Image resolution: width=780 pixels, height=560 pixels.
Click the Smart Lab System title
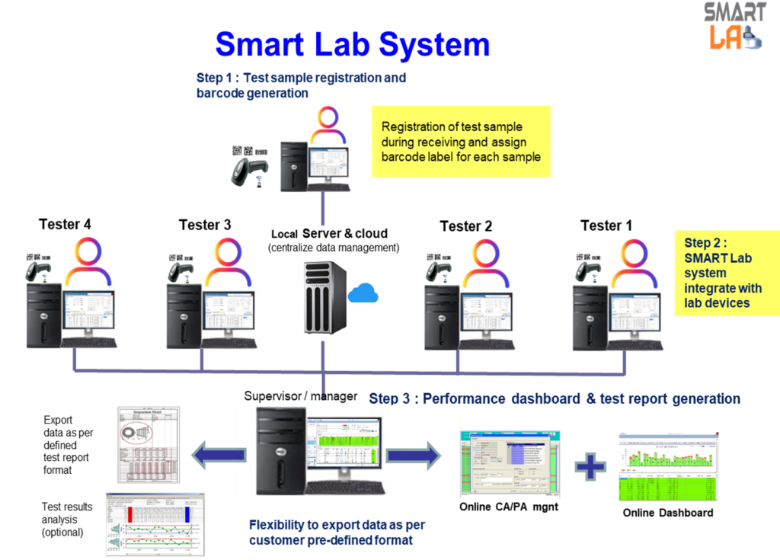point(352,45)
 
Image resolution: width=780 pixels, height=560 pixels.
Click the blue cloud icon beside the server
point(363,293)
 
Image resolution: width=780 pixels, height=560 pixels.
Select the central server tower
point(323,296)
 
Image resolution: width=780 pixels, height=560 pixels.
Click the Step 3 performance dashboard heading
point(554,398)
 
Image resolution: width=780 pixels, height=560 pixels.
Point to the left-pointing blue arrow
point(218,455)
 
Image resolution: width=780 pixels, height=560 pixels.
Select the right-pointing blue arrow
point(414,455)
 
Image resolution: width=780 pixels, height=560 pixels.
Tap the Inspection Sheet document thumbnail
point(149,445)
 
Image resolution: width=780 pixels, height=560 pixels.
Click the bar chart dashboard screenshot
point(668,467)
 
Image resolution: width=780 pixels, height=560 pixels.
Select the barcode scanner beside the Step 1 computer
point(250,168)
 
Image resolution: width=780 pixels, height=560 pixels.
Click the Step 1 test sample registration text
point(301,85)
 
